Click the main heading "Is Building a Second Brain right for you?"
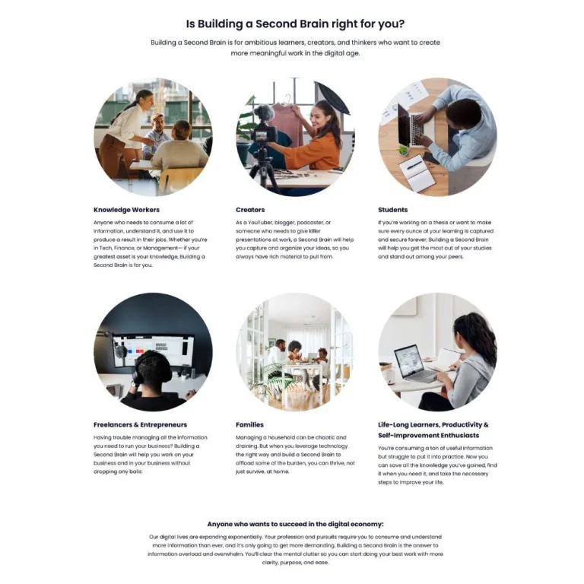(x=295, y=24)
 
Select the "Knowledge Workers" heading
(x=127, y=210)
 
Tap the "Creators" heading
(x=250, y=210)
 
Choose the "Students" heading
(x=393, y=210)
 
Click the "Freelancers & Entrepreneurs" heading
(x=141, y=424)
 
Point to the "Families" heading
(x=249, y=424)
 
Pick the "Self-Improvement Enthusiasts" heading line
(x=429, y=436)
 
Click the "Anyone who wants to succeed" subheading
(x=295, y=524)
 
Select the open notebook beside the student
(x=417, y=173)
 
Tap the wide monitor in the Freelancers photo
(x=153, y=350)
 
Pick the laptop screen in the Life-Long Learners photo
(x=408, y=360)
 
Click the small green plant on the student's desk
(x=402, y=150)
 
